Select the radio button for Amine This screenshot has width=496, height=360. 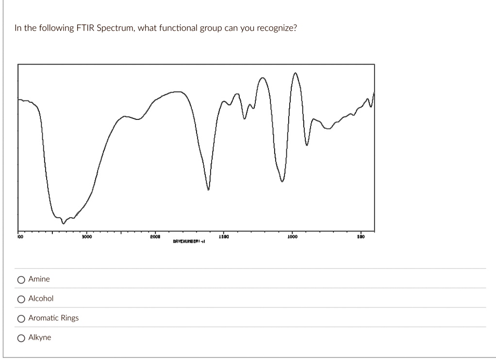(x=21, y=279)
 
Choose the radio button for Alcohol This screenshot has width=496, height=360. (x=21, y=299)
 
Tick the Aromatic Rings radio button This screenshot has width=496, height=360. (x=21, y=318)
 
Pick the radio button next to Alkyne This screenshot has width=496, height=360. (x=21, y=338)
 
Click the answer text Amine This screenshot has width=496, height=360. (x=39, y=279)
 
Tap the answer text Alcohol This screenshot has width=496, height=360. (x=41, y=298)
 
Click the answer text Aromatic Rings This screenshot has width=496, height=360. (x=53, y=318)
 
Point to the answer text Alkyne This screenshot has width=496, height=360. (x=39, y=337)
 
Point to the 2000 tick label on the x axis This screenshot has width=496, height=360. (x=154, y=237)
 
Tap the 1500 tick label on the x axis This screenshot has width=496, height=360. (x=223, y=237)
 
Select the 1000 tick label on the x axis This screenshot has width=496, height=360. (x=292, y=237)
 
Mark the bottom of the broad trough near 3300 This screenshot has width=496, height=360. (x=63, y=223)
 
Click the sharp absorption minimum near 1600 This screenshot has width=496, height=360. (x=209, y=190)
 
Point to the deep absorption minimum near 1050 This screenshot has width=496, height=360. (x=282, y=181)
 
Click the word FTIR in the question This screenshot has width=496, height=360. (x=84, y=28)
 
